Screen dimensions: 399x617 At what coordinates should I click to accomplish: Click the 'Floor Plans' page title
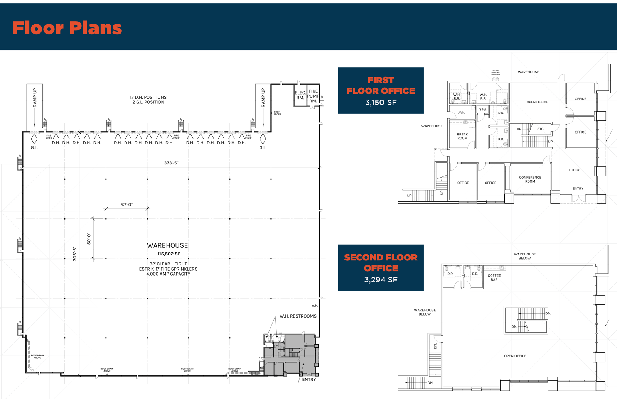[67, 28]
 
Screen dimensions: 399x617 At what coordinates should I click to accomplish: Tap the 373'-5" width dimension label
[171, 163]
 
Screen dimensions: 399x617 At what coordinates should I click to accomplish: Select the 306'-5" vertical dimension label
[75, 254]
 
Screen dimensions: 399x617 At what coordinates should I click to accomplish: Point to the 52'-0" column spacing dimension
[126, 205]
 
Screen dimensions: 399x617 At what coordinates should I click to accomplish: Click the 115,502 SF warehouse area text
[169, 254]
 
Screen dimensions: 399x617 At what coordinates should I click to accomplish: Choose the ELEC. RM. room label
[300, 95]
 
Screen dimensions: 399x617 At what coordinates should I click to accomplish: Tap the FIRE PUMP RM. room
[313, 96]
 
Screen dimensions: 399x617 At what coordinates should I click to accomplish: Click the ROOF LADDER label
[277, 113]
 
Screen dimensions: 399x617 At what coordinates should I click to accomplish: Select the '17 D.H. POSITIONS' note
[148, 98]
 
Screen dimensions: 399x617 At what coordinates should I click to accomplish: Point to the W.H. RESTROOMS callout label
[298, 316]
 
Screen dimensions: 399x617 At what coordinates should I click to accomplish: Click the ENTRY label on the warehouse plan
[309, 380]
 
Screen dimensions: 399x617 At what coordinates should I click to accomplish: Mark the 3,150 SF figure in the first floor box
[381, 103]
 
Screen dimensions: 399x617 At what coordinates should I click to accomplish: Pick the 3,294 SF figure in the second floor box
[381, 280]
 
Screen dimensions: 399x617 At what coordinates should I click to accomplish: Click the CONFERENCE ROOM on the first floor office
[530, 179]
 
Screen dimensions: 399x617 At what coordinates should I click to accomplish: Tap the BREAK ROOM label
[462, 136]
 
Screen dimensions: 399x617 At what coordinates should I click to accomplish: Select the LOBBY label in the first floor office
[574, 170]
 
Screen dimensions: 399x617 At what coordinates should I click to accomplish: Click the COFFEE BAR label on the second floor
[494, 277]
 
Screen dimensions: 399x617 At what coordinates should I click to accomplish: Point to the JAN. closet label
[461, 113]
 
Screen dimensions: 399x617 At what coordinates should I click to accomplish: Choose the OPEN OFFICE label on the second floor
[515, 356]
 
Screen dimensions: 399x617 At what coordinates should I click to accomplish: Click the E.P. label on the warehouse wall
[315, 306]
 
